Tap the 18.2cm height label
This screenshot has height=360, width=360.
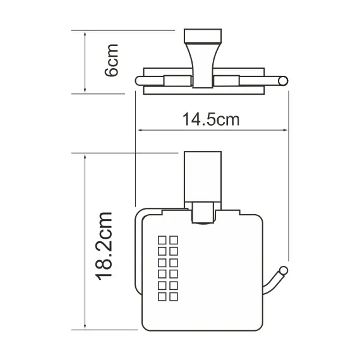coord(105,247)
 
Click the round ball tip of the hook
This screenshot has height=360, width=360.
coord(284,272)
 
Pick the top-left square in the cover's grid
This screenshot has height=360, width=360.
coord(161,239)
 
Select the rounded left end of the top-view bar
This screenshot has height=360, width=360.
coord(140,80)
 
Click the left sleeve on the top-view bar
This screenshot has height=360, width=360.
coord(177,80)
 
